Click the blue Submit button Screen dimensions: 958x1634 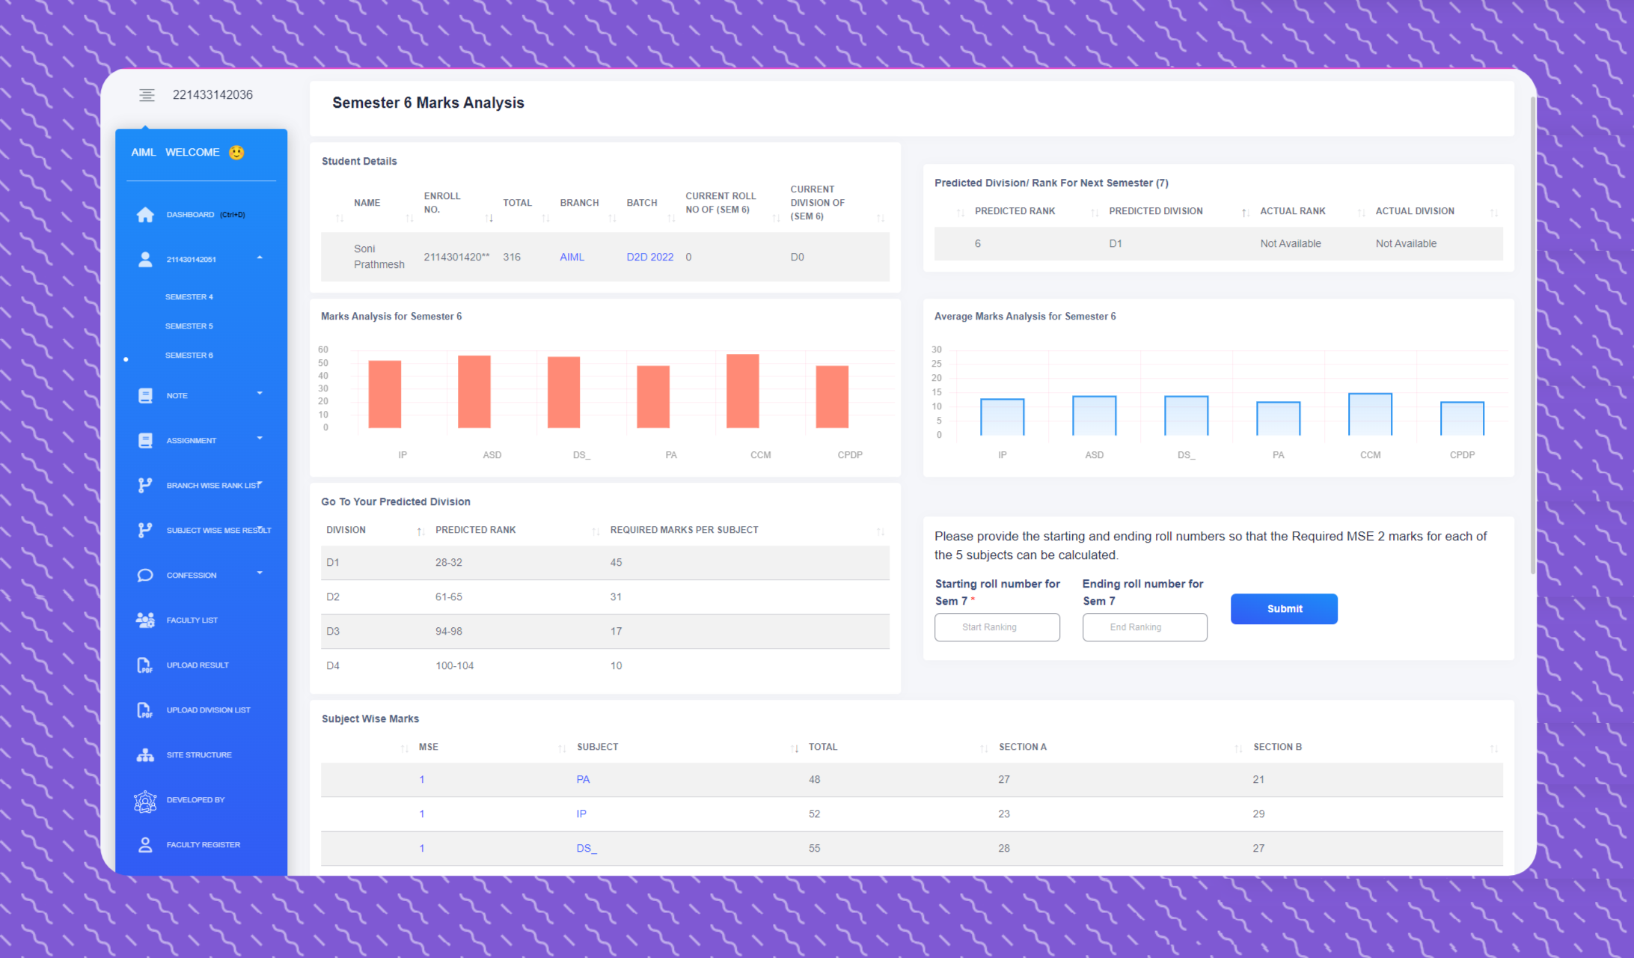point(1283,608)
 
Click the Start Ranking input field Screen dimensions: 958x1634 point(997,627)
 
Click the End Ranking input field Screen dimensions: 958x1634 point(1144,627)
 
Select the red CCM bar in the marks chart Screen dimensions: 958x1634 point(742,391)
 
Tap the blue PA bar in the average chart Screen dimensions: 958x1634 point(1278,419)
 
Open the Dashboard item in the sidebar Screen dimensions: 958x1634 point(190,215)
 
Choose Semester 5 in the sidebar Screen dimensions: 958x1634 point(189,326)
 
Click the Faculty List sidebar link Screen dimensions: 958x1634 point(192,620)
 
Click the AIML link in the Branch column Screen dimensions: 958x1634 point(572,257)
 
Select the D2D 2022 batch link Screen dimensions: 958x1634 point(649,257)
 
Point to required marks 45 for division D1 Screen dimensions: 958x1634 point(616,562)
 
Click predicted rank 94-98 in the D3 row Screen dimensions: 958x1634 point(448,631)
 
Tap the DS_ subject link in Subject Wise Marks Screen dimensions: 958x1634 point(587,848)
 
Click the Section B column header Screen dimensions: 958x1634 point(1277,747)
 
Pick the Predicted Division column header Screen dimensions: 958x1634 point(1155,211)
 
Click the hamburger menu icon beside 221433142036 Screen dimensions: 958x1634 point(147,95)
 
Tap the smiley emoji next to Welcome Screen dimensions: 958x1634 point(236,153)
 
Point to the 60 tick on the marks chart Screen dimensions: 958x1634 point(323,350)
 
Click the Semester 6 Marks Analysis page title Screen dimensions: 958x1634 point(428,103)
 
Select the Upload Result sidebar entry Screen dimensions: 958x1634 point(197,665)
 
